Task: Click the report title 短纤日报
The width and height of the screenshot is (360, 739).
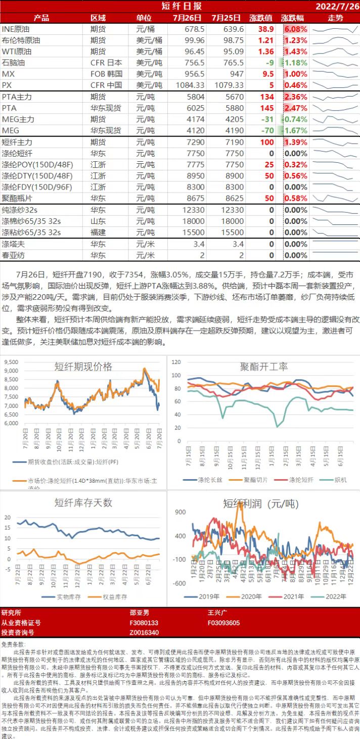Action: (181, 6)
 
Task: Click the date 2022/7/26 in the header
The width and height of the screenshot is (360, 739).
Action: (337, 7)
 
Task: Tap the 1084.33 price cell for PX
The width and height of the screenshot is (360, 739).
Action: (190, 85)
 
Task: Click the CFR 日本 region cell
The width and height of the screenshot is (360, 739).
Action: (106, 63)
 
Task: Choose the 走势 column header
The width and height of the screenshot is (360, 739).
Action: (335, 18)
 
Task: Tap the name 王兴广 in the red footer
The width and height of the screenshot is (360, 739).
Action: (218, 613)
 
